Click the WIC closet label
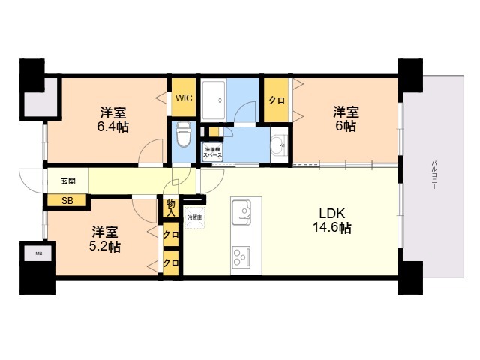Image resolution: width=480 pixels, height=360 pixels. coord(183,97)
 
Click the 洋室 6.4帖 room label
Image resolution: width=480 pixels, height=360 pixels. coord(114,120)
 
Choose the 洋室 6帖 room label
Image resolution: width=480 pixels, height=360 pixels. coord(346,119)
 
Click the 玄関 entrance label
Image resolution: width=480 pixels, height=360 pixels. coord(58,181)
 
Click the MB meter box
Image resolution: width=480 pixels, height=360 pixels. coord(39,253)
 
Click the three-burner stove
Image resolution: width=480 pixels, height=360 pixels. coord(242,257)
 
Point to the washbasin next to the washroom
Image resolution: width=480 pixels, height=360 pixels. coord(277,144)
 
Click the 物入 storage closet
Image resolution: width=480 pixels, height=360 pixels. coord(170,207)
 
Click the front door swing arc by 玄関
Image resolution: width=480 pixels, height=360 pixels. coord(30,181)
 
